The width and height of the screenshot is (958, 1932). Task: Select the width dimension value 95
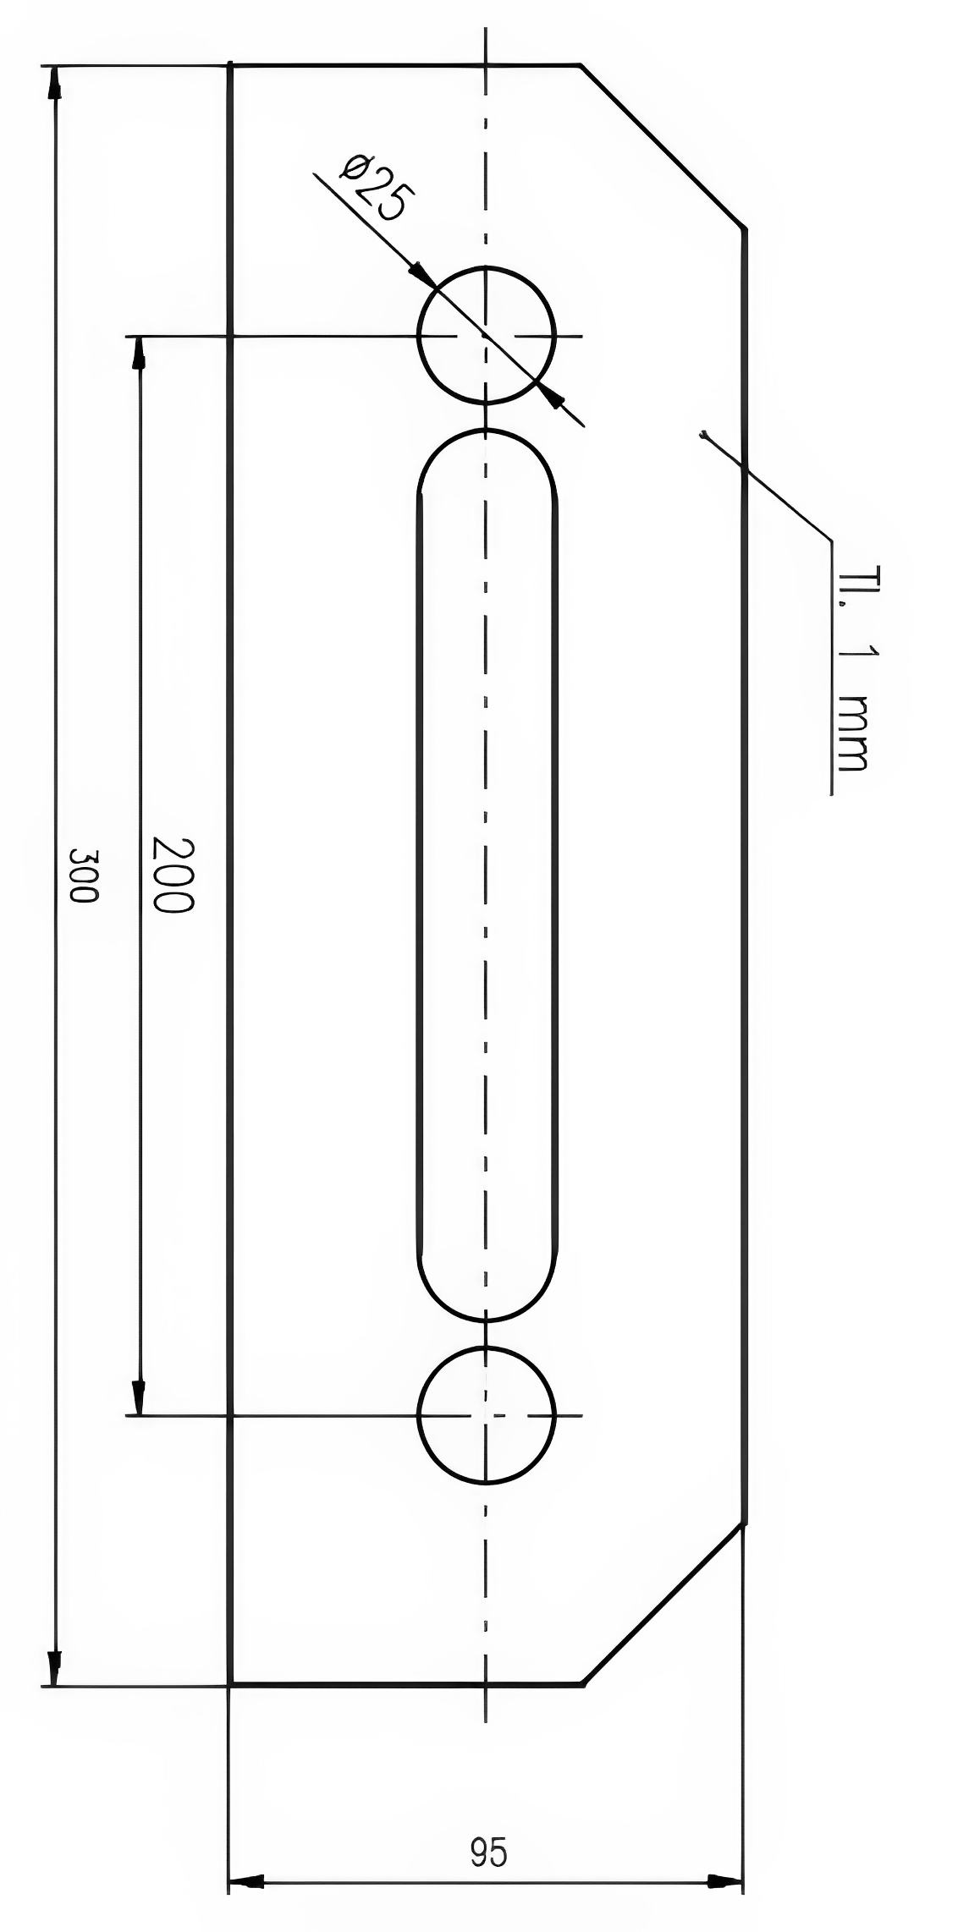point(488,1852)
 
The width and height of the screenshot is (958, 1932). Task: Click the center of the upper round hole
point(486,335)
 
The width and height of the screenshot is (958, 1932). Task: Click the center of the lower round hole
point(486,1414)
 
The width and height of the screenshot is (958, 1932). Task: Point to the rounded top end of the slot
point(487,433)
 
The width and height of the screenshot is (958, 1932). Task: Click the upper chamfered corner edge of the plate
point(662,145)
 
